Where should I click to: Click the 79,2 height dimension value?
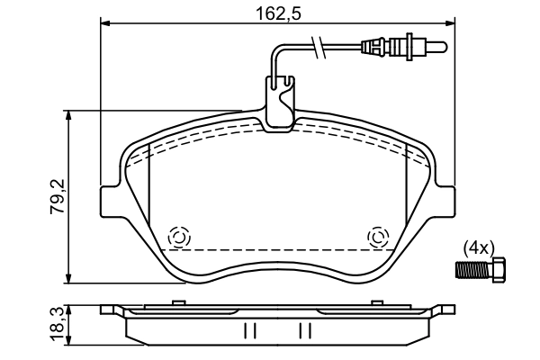click(x=56, y=195)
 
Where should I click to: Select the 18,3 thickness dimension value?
click(x=57, y=324)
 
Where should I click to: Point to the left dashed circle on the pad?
click(x=178, y=237)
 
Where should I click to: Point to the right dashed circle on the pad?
click(x=378, y=238)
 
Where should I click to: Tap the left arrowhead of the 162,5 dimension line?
click(x=103, y=24)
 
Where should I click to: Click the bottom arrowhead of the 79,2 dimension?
click(x=69, y=276)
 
